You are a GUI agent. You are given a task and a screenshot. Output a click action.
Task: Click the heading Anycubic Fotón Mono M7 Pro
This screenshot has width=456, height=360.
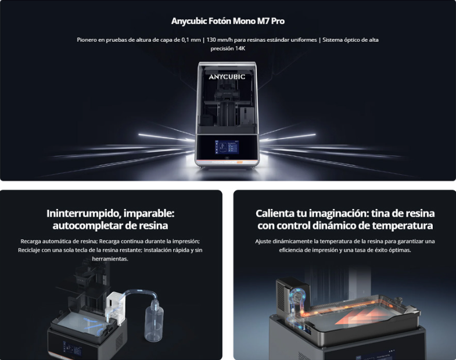tap(228, 21)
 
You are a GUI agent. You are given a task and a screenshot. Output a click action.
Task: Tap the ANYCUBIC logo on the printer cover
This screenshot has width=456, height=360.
tap(227, 77)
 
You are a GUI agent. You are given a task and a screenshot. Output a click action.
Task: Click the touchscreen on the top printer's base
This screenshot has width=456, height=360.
tap(227, 147)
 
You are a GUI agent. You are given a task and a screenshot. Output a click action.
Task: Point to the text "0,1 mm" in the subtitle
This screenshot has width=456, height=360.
tap(191, 40)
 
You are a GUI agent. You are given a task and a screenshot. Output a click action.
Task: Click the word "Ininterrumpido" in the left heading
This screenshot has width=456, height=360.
tap(82, 214)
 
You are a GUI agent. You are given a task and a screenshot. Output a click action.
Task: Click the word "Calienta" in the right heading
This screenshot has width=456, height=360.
tap(275, 214)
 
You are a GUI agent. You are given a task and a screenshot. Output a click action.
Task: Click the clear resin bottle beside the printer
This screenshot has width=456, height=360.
tap(154, 321)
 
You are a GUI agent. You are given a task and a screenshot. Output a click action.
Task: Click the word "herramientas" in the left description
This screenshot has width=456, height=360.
tap(110, 259)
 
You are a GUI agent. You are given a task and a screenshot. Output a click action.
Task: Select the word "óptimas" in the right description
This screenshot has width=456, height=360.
tap(401, 250)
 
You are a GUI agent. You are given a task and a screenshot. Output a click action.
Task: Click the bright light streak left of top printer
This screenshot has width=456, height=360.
tap(166, 137)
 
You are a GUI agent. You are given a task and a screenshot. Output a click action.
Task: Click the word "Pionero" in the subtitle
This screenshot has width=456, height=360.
tap(87, 40)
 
